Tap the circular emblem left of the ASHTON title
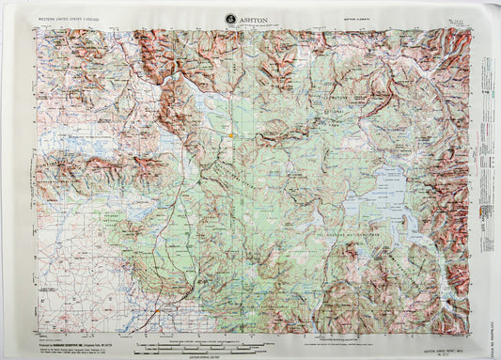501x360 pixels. point(231,18)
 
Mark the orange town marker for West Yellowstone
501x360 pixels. point(230,137)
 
